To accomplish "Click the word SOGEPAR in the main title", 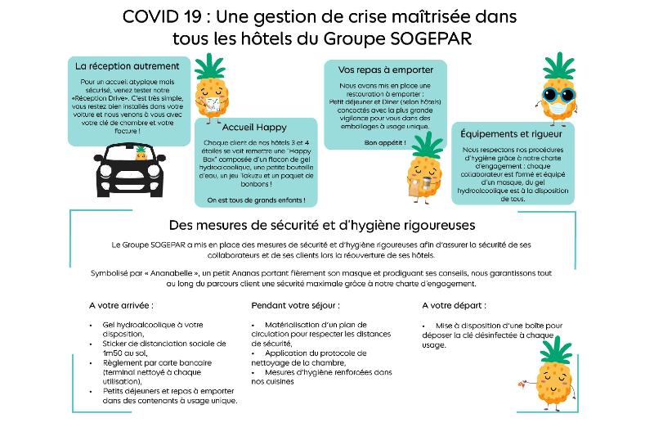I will pyautogui.click(x=438, y=38).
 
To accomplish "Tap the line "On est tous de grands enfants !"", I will pyautogui.click(x=256, y=199).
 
